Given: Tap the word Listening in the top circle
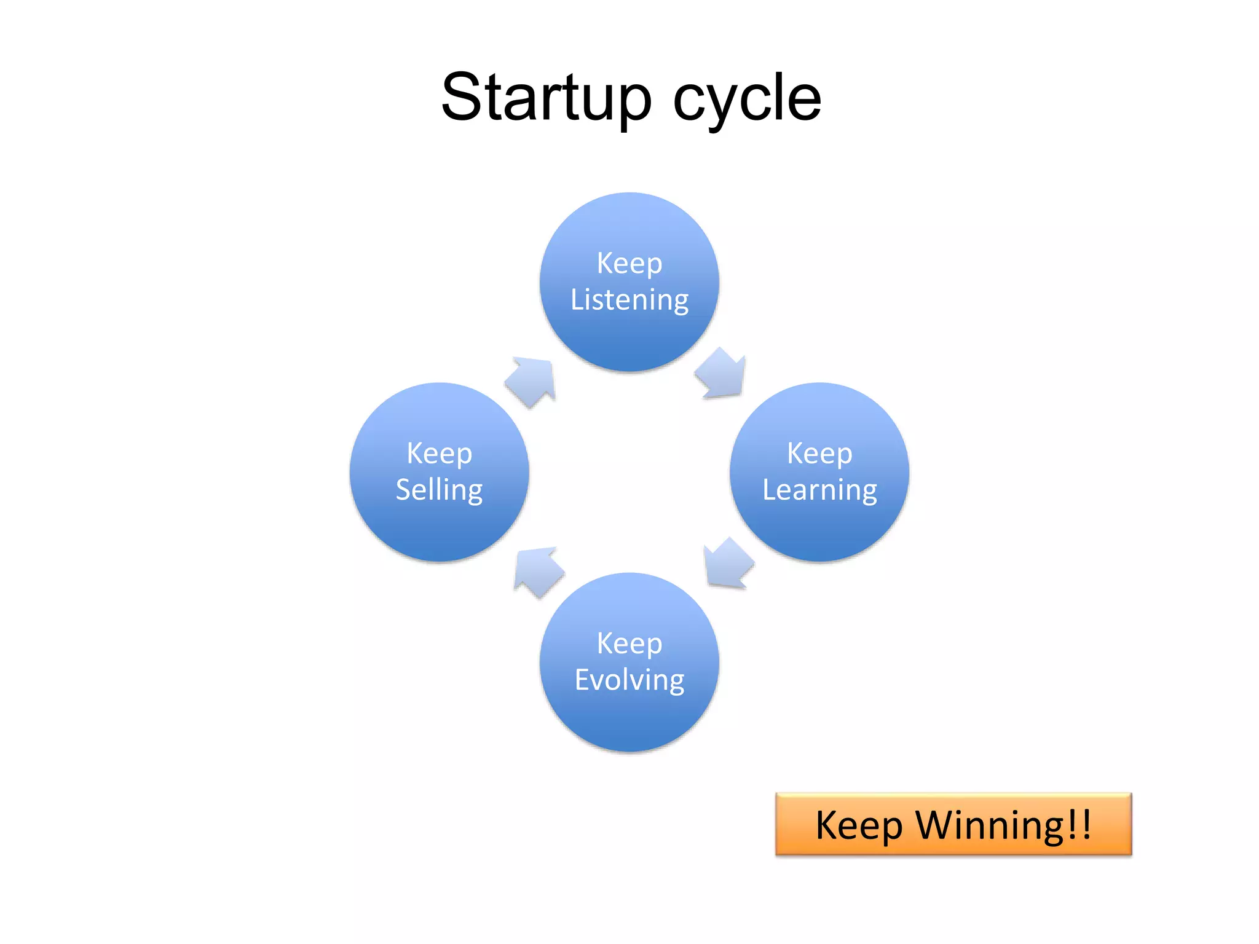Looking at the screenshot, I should point(629,300).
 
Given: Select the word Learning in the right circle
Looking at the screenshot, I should point(819,490).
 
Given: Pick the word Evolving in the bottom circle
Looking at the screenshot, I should point(629,680).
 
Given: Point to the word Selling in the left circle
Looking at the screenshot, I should point(439,490).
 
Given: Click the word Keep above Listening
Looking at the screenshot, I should point(629,263).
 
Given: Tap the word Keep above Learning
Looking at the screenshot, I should point(819,454).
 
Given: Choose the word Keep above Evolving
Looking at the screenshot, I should point(629,643).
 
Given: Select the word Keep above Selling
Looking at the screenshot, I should point(439,454).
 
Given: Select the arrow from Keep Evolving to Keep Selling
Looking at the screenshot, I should point(537,570).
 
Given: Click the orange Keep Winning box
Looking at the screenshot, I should point(953,824).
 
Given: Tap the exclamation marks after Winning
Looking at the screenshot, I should point(1079,824).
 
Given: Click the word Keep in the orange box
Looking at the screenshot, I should point(859,825).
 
